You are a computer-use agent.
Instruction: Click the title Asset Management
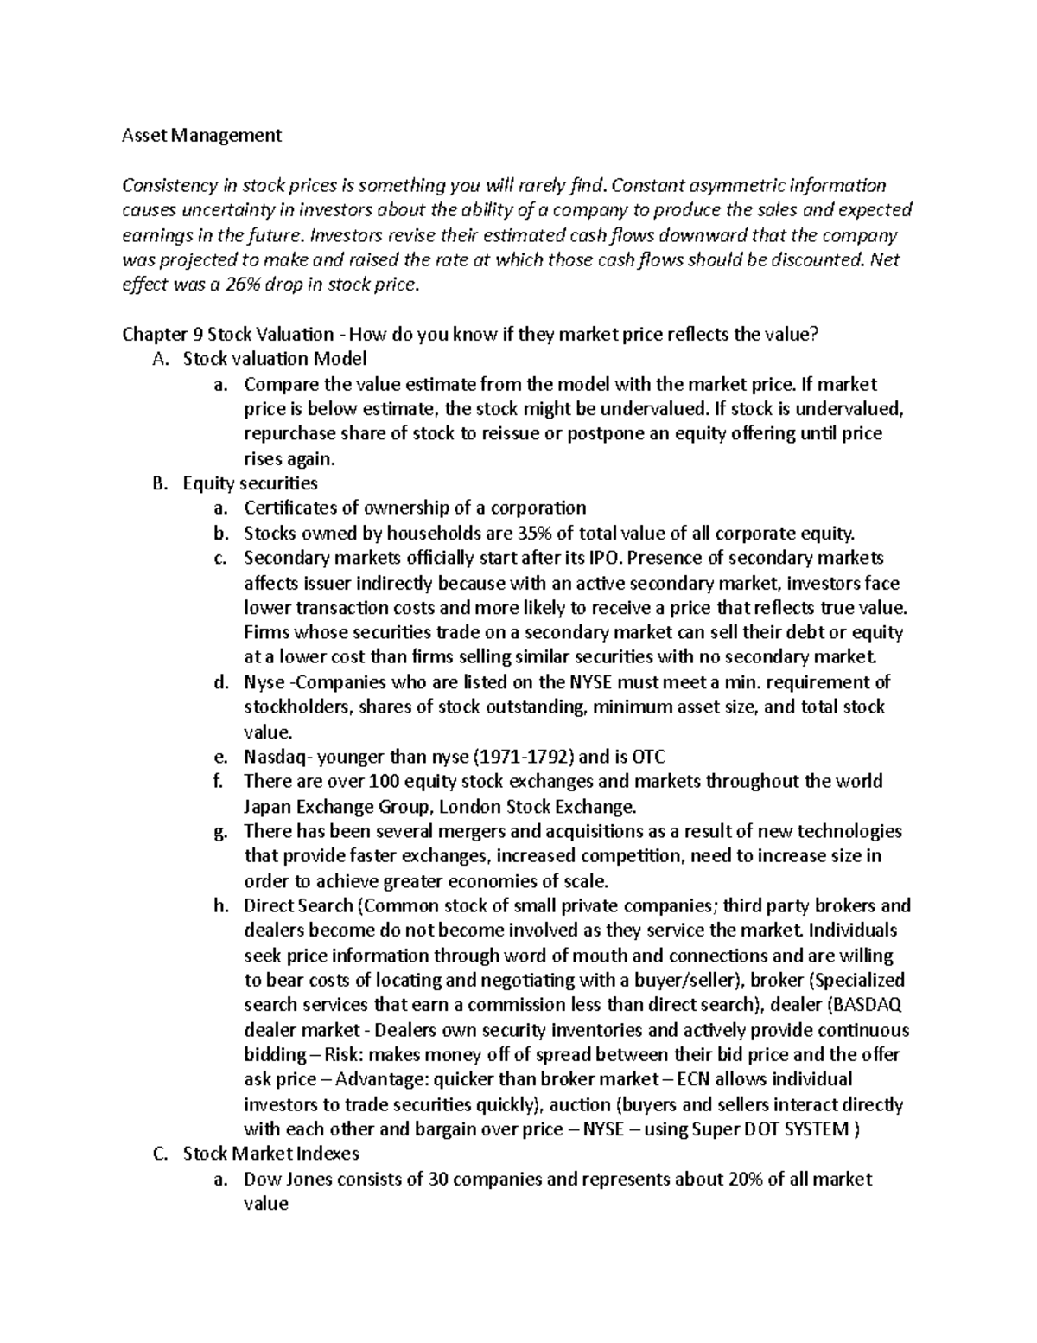[x=201, y=135]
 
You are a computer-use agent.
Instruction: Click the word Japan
[x=268, y=807]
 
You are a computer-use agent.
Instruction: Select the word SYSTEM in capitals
[x=814, y=1129]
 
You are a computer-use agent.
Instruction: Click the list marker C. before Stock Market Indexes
[x=158, y=1154]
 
